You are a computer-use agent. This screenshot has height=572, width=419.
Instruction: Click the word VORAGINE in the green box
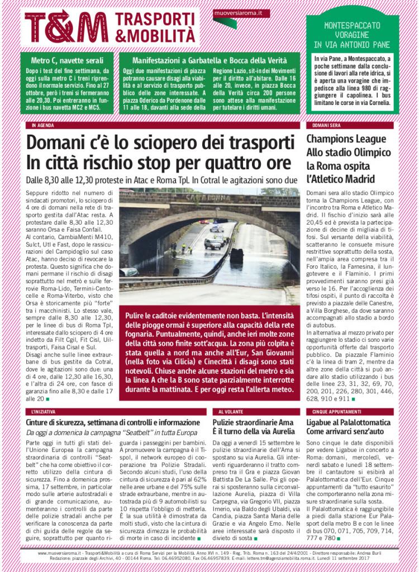pos(352,35)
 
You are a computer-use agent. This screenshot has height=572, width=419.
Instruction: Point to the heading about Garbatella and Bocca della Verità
pos(208,60)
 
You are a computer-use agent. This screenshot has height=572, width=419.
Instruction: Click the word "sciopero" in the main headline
pos(149,142)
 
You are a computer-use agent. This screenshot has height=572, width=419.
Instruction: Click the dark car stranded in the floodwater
pos(236,255)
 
